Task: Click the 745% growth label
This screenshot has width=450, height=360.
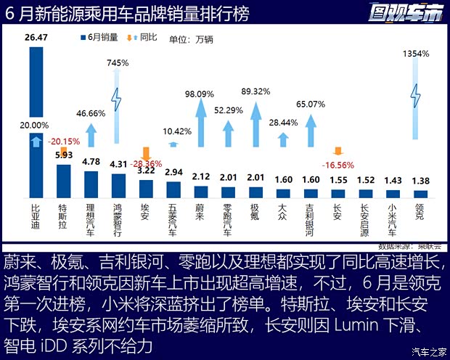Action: (x=118, y=64)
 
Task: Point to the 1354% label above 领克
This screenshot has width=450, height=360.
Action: (x=416, y=53)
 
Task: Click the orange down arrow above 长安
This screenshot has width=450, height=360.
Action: (x=337, y=151)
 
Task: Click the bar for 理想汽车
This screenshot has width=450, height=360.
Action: (x=91, y=185)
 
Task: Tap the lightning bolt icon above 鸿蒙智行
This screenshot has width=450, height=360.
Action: (x=118, y=99)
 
